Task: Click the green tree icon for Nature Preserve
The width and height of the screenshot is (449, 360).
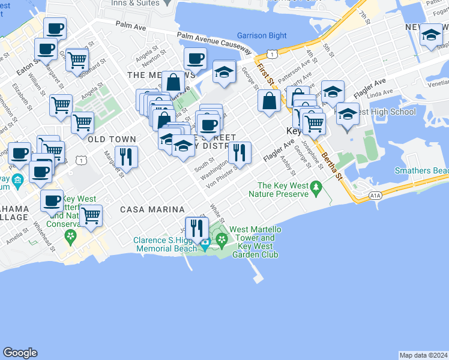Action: (x=316, y=190)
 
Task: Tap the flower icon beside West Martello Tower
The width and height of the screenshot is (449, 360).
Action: (x=221, y=241)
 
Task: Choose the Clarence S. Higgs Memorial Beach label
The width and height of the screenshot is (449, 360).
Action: (x=165, y=244)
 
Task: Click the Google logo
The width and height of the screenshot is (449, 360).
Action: (x=20, y=353)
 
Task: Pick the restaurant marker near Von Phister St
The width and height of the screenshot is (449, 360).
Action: (x=239, y=153)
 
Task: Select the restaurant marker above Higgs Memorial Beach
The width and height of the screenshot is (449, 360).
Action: (x=196, y=228)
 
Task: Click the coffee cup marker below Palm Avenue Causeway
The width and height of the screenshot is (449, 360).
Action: (x=194, y=59)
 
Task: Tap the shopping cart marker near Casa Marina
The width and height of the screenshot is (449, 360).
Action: (x=91, y=215)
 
